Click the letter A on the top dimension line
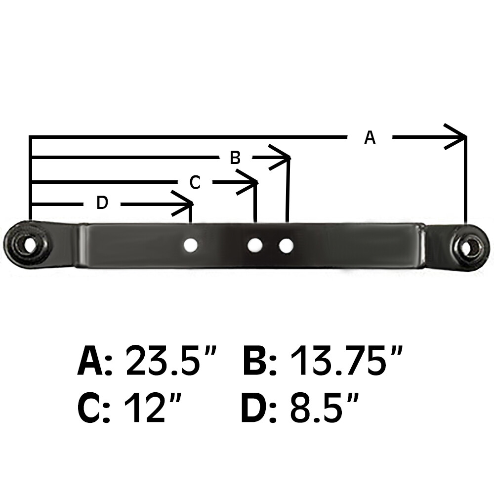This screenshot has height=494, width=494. point(370,137)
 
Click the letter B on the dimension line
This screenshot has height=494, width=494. point(235,158)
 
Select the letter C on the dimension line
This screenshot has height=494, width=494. point(195,183)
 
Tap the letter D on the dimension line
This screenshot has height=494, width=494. point(102,203)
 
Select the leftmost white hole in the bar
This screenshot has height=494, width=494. point(190,245)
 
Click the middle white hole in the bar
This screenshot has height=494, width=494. point(255,245)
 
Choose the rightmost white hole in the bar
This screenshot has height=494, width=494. point(286,245)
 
